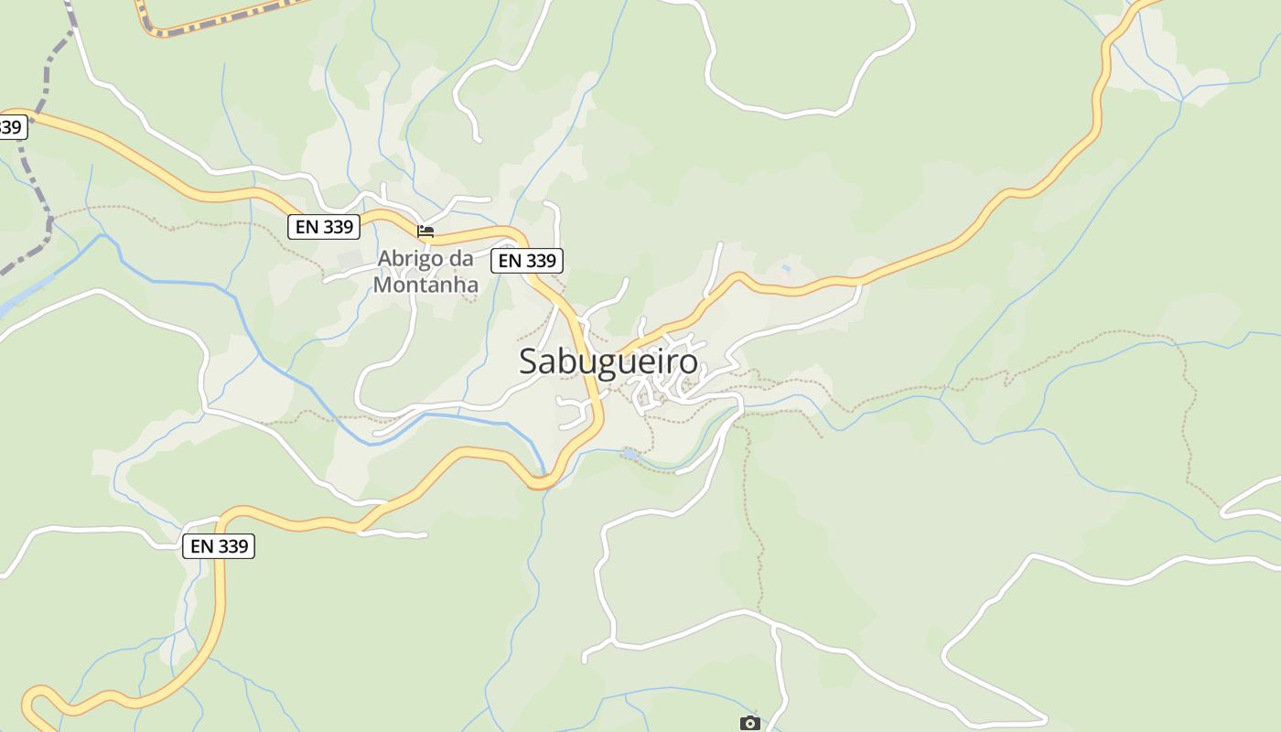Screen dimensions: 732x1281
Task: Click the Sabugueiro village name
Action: click(608, 361)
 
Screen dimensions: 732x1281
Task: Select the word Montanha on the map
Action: click(425, 285)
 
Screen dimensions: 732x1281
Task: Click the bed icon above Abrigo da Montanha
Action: click(425, 231)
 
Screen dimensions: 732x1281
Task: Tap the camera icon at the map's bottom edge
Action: click(749, 723)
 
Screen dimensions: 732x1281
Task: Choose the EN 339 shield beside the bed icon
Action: click(324, 227)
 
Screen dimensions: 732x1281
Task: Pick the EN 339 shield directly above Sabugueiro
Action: click(527, 261)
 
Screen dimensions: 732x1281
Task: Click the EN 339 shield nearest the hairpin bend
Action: click(219, 546)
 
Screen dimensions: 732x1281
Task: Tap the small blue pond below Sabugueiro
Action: click(630, 453)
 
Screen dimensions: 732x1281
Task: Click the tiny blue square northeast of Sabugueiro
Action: click(786, 268)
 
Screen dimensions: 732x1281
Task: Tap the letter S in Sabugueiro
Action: click(528, 361)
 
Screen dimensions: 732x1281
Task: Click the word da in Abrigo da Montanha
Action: click(462, 259)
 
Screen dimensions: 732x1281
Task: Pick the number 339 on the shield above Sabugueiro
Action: click(540, 261)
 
